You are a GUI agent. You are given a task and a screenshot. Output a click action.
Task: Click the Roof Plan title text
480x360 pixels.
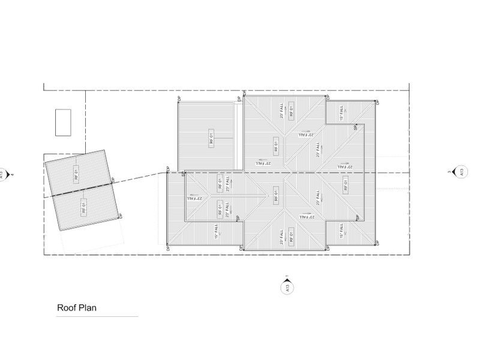pyautogui.click(x=77, y=308)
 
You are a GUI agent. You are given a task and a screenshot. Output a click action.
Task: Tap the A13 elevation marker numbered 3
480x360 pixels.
pyautogui.click(x=461, y=172)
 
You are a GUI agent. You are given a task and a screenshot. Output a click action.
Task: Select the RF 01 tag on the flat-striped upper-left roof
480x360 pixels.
pyautogui.click(x=211, y=137)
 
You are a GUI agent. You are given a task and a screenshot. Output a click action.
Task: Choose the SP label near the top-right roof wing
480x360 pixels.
pyautogui.click(x=355, y=127)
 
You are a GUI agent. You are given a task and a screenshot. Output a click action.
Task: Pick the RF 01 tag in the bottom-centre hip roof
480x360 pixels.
pyautogui.click(x=292, y=235)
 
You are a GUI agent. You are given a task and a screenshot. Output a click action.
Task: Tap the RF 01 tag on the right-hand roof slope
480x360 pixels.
pyautogui.click(x=346, y=185)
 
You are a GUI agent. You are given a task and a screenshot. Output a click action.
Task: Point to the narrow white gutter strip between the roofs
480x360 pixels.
pyautogui.click(x=240, y=135)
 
